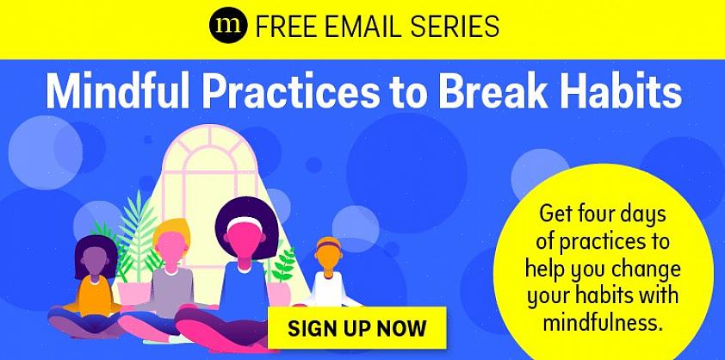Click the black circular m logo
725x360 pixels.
[x=228, y=25]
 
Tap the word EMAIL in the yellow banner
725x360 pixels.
[x=360, y=26]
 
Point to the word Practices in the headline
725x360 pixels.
[x=289, y=90]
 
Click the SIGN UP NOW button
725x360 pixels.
[x=357, y=327]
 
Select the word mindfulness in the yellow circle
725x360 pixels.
[x=603, y=322]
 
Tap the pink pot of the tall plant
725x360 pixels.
[x=134, y=293]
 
